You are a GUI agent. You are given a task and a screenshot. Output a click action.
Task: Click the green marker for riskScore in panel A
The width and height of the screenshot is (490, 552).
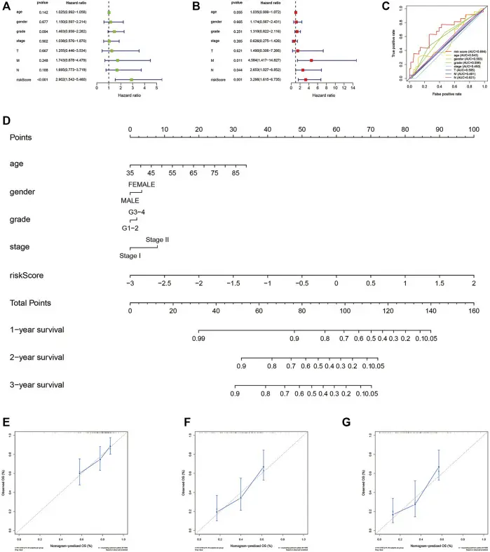(x=131, y=80)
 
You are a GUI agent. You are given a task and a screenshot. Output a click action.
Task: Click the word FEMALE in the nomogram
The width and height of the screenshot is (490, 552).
(x=142, y=184)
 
